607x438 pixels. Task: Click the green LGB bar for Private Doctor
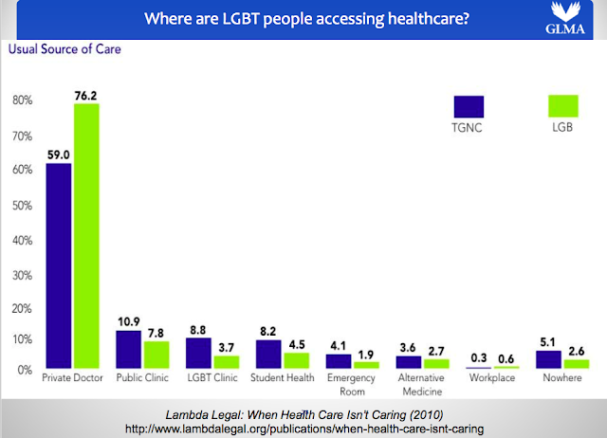[x=86, y=236]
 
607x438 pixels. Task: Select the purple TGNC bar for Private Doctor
[x=60, y=265]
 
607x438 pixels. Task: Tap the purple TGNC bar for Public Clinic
[x=128, y=349]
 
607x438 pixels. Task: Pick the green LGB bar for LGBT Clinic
[x=226, y=361]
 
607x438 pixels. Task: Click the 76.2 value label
[x=85, y=94]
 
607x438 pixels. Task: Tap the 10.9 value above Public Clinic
[x=128, y=320]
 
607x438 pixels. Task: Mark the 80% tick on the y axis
[x=23, y=100]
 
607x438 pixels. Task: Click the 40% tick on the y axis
[x=23, y=239]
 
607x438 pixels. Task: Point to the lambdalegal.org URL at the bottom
[x=303, y=428]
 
